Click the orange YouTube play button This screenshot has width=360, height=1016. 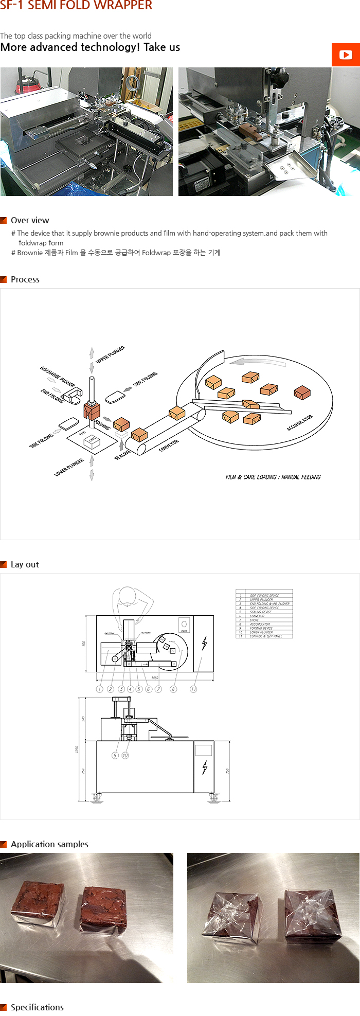pyautogui.click(x=346, y=55)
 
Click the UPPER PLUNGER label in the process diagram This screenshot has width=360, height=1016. pyautogui.click(x=111, y=354)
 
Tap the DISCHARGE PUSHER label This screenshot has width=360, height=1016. pyautogui.click(x=58, y=377)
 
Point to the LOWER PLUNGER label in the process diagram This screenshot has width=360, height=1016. pyautogui.click(x=69, y=467)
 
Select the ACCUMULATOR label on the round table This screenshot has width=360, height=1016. pyautogui.click(x=300, y=422)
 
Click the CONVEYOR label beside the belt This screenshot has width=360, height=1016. pyautogui.click(x=169, y=445)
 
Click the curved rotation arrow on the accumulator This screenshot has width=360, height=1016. pyautogui.click(x=257, y=362)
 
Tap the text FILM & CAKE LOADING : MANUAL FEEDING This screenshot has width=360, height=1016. pyautogui.click(x=273, y=477)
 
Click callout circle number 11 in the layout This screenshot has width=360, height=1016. pyautogui.click(x=193, y=689)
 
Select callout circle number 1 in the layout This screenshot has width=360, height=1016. pyautogui.click(x=100, y=689)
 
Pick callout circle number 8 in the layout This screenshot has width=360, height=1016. pyautogui.click(x=173, y=689)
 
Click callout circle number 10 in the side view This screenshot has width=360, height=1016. pyautogui.click(x=125, y=755)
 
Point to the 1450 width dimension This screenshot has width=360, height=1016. pyautogui.click(x=155, y=678)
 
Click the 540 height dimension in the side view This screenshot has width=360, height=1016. pyautogui.click(x=83, y=718)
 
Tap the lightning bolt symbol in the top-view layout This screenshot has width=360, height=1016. pyautogui.click(x=205, y=643)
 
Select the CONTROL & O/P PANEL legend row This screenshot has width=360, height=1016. pyautogui.click(x=265, y=636)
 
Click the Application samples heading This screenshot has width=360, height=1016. pyautogui.click(x=49, y=844)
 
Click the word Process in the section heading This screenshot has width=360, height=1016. pyautogui.click(x=25, y=279)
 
